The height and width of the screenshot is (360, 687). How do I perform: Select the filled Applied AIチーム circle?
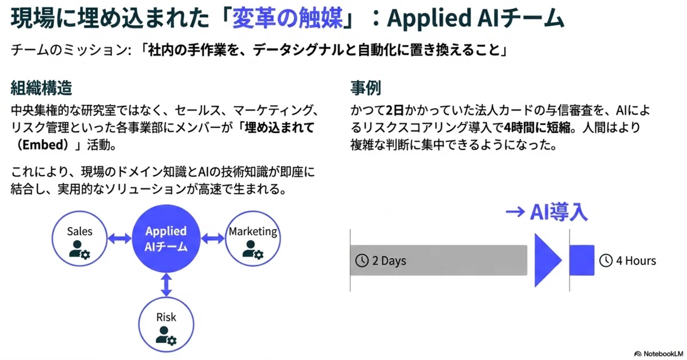pos(166,239)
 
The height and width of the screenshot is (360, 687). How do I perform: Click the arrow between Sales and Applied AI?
pos(120,238)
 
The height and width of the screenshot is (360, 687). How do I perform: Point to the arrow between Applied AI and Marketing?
pos(213,238)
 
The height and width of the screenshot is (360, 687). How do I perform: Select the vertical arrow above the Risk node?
pos(166,285)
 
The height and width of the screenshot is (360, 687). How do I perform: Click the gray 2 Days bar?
pos(439,260)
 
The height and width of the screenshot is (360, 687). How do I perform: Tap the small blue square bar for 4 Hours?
pos(582,260)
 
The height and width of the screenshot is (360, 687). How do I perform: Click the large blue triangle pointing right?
pos(546,260)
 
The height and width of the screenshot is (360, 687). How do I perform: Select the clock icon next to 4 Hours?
pos(606,260)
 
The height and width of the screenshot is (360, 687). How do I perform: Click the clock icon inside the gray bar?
pos(362,260)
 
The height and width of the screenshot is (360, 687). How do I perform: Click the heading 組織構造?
pos(41,88)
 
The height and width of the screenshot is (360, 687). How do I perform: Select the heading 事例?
pos(366,88)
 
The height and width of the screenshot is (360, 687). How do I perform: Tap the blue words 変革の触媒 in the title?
pos(287,18)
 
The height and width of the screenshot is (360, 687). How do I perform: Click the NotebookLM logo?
pos(659,354)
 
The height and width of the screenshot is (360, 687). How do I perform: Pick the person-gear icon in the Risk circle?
pos(166,336)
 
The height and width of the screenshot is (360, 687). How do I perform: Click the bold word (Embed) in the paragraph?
pos(42,145)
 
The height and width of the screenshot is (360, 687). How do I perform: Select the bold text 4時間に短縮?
pos(538,128)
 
